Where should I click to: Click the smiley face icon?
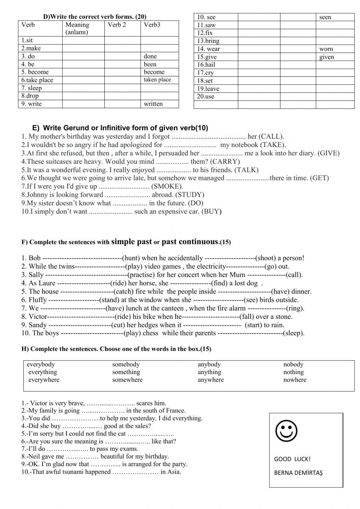tap(286, 431)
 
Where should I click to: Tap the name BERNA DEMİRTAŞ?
tap(298, 473)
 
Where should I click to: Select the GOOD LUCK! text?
tap(292, 459)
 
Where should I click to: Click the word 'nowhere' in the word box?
tap(294, 380)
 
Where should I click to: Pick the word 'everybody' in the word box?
tap(41, 364)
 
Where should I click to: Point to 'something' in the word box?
tap(126, 372)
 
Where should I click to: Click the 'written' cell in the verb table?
tap(153, 104)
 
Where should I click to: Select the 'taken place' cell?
tap(157, 80)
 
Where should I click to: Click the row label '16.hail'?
tap(206, 64)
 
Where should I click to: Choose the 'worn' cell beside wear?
tap(326, 49)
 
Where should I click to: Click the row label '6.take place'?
tap(37, 80)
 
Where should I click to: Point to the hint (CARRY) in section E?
tap(225, 161)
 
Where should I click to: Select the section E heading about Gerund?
tap(120, 128)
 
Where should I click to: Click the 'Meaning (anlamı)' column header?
tap(77, 28)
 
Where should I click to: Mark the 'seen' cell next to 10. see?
tap(325, 17)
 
